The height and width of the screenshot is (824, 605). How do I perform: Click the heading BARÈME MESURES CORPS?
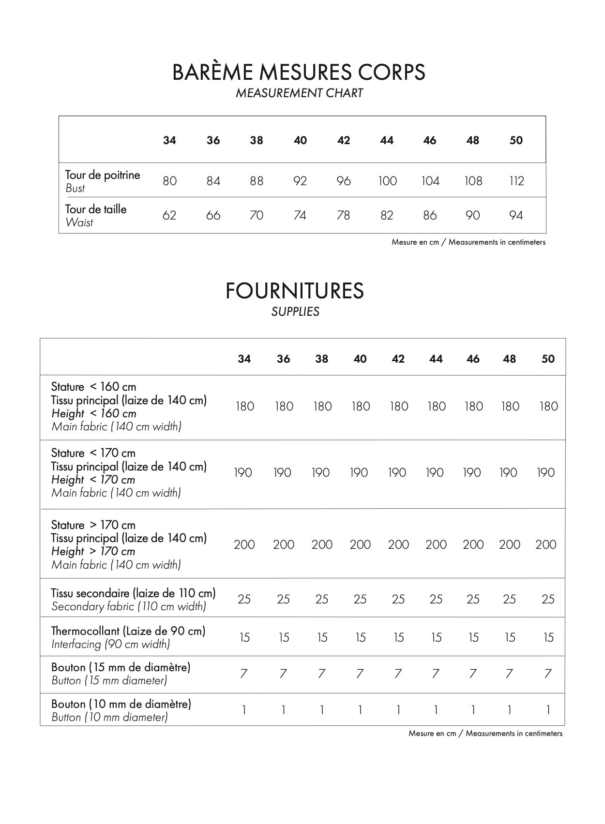pos(299,73)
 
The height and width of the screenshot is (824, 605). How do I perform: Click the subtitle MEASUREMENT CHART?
pos(299,93)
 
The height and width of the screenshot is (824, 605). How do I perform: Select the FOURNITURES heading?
pos(294,291)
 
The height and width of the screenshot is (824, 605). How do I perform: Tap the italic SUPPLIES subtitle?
pos(295,311)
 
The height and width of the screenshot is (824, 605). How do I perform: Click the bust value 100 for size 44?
pos(387,181)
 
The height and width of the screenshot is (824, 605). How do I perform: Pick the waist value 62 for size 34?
pos(169,215)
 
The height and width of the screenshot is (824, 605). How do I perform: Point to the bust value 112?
pos(516,181)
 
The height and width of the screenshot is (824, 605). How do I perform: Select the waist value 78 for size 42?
pos(343,215)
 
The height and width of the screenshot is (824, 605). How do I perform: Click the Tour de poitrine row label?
pos(103,175)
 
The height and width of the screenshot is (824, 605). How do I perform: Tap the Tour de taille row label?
pos(96,209)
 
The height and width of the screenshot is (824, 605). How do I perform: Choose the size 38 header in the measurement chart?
pos(257,140)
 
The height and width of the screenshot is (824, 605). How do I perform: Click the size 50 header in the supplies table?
pos(548,359)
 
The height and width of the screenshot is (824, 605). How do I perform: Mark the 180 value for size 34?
pos(244,406)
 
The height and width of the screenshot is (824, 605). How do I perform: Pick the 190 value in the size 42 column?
pos(397,472)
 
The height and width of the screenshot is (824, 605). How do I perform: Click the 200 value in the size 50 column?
pos(545,544)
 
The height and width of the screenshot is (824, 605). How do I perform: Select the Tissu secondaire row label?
pos(133,593)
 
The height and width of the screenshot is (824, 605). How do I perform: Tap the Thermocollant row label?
pos(128,631)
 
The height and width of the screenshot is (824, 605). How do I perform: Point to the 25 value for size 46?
pos(473,599)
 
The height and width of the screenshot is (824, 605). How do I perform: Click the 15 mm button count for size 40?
pos(360,673)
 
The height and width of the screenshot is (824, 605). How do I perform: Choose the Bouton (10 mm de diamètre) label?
pos(121,704)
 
